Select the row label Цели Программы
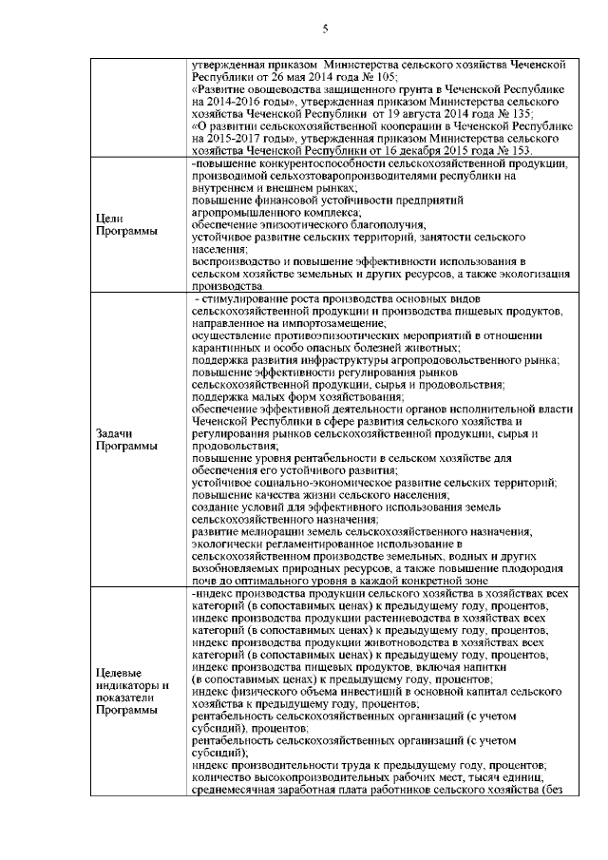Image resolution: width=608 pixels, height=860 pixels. pos(119,226)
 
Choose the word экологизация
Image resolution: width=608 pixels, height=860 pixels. pos(517,274)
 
